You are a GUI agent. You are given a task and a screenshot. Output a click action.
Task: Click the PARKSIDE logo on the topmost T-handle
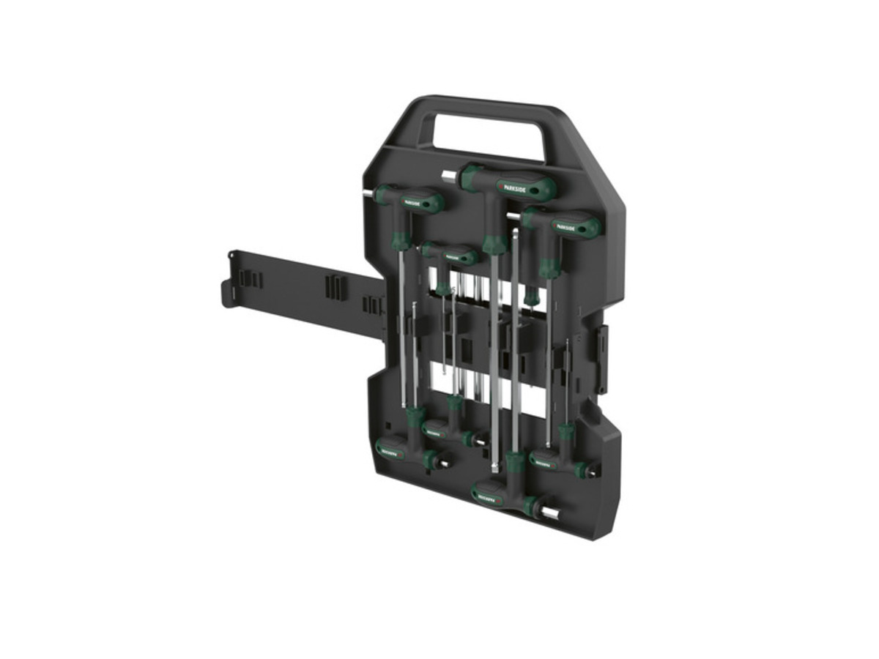click(516, 188)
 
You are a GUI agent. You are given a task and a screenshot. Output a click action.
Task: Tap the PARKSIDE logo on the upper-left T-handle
click(414, 201)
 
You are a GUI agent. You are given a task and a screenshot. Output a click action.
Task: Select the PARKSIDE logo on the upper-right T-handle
click(567, 226)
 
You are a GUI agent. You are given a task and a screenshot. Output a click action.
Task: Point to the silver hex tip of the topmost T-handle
click(448, 176)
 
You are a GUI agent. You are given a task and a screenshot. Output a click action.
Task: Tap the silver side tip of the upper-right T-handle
click(515, 216)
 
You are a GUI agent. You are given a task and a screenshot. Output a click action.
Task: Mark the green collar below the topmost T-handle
click(495, 244)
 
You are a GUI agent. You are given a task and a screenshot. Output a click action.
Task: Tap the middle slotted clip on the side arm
click(333, 286)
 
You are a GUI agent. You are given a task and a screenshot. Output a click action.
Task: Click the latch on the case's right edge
click(601, 358)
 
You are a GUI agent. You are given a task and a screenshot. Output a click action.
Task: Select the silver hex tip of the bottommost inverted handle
click(551, 513)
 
